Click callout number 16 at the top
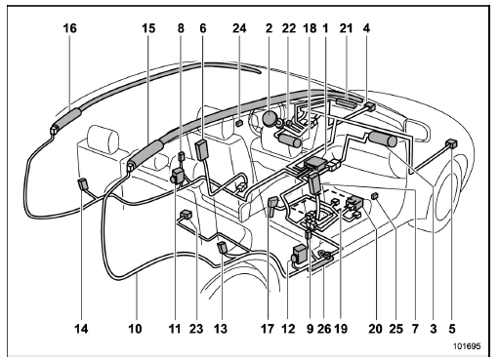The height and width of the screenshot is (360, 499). coord(69,28)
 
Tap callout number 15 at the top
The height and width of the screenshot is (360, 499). coord(148,28)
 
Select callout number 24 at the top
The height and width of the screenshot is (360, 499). coord(239,28)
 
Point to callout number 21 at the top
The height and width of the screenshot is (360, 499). coord(346,28)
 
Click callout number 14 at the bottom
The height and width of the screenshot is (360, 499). coord(81,329)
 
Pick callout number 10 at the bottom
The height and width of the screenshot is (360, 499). coord(135,329)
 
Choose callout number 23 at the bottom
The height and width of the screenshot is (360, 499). coord(196,329)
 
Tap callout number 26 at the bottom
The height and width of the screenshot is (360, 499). coord(324,329)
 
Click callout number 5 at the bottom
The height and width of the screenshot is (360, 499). coord(452,329)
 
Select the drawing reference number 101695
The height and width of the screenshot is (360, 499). coord(467,346)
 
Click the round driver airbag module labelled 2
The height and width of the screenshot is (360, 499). coord(270,118)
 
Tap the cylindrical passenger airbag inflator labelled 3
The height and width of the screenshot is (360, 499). coord(383,139)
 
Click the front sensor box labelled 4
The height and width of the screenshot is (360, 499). coord(369,106)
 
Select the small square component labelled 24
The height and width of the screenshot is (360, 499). coord(239,123)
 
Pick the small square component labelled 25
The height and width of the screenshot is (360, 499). coord(375,195)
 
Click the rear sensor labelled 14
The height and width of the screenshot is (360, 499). coord(83,184)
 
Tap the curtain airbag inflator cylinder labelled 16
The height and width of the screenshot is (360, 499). coord(67,118)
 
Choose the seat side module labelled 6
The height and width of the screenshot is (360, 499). coord(202,149)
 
